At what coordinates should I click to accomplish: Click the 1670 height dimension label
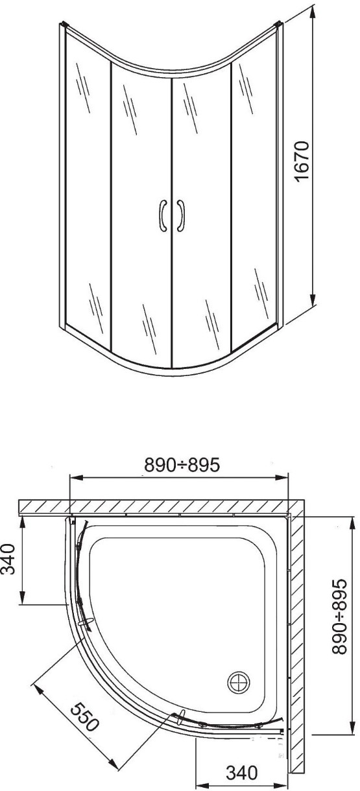(x=302, y=161)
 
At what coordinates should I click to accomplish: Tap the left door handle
(x=163, y=216)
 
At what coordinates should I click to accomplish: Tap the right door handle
(x=180, y=216)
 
